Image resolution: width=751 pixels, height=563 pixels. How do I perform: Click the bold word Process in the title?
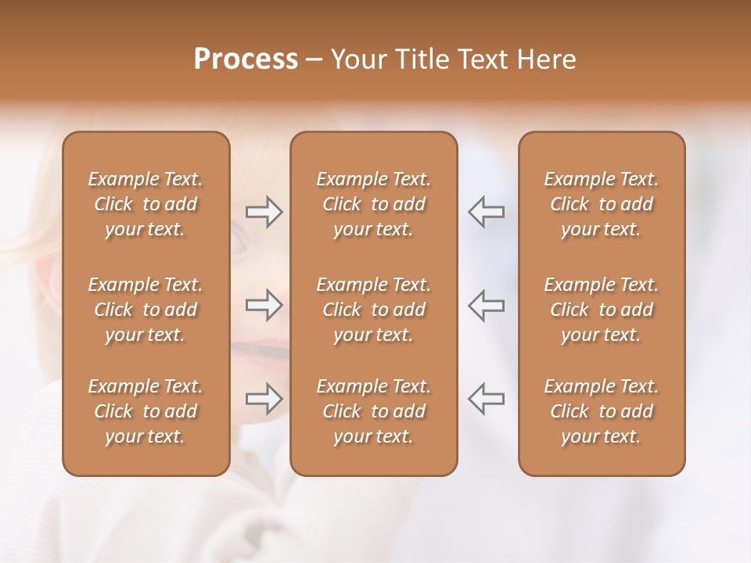click(x=246, y=59)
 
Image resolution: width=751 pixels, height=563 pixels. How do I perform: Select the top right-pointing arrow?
click(x=264, y=212)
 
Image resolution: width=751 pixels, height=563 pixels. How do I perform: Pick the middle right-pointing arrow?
click(x=264, y=305)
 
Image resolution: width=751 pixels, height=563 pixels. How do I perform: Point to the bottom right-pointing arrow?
click(x=264, y=399)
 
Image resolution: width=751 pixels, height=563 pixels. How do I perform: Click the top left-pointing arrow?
click(x=487, y=212)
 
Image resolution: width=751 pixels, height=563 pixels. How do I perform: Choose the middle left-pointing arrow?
click(x=487, y=305)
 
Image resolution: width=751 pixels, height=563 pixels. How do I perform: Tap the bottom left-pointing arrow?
click(x=487, y=399)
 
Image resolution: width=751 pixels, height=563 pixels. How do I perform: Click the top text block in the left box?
click(x=146, y=204)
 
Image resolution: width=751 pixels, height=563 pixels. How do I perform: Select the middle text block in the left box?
click(x=146, y=310)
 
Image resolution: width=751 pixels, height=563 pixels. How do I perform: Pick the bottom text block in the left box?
click(x=146, y=411)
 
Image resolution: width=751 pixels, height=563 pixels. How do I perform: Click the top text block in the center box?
click(x=374, y=204)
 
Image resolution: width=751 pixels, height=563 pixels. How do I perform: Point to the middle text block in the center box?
click(x=374, y=310)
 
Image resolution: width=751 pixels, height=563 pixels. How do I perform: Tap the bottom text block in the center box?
click(x=374, y=411)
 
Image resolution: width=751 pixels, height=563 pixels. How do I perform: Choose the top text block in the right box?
click(x=602, y=204)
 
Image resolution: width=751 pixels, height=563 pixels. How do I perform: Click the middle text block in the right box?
click(x=602, y=310)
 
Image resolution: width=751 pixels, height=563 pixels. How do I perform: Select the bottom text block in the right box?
click(x=602, y=411)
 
